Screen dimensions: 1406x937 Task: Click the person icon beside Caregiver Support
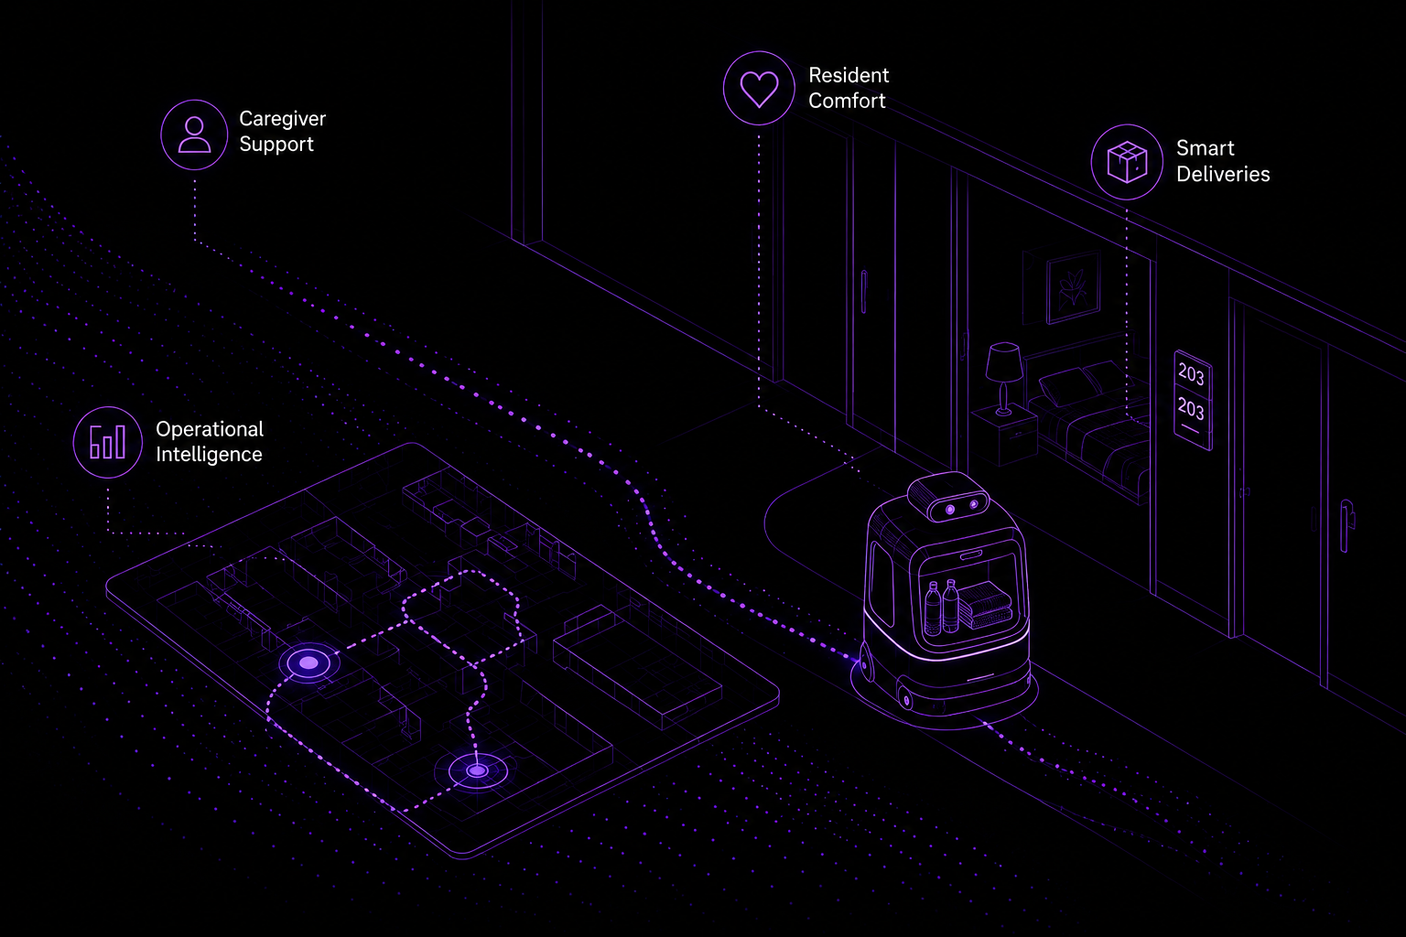194,135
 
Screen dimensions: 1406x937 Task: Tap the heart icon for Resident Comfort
759,88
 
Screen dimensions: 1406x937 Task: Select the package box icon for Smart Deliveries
1127,162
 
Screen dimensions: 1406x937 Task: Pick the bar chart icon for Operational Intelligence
107,442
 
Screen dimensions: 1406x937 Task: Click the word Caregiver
283,119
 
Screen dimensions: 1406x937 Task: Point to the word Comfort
847,101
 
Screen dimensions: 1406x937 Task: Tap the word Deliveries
1223,174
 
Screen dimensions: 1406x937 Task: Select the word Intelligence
209,455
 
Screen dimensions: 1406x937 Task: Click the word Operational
210,429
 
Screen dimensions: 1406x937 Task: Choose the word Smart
1206,148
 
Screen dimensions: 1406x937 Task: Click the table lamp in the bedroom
1003,378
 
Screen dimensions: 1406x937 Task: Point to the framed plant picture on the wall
1073,286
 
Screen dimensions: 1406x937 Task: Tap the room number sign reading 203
1193,400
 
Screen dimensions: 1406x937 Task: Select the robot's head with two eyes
947,497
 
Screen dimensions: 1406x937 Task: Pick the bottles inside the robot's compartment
942,607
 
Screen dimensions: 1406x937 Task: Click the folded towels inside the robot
985,605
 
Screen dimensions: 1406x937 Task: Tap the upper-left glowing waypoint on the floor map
308,662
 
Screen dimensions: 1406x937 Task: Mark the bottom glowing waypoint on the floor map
478,770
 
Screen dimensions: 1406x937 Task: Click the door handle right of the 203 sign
1346,526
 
